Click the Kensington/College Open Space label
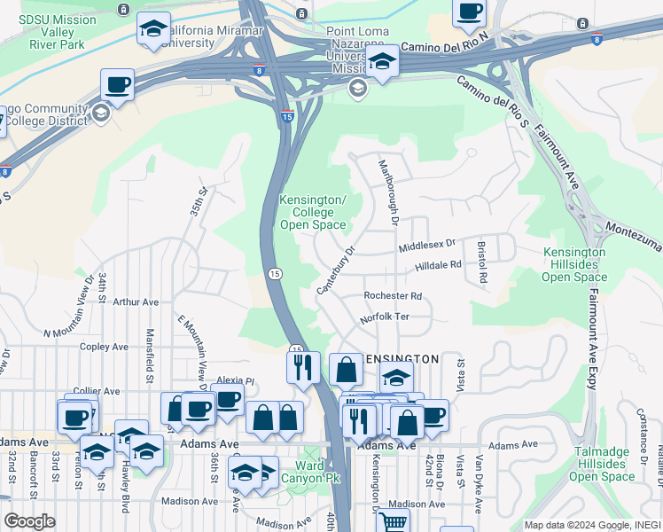pos(312,213)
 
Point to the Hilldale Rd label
pos(438,264)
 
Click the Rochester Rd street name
pos(393,296)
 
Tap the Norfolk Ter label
pos(383,318)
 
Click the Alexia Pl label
pos(236,380)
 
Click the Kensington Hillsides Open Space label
pos(574,264)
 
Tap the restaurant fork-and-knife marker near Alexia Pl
pos(303,365)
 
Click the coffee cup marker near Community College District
pos(117,85)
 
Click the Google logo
pos(29,521)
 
